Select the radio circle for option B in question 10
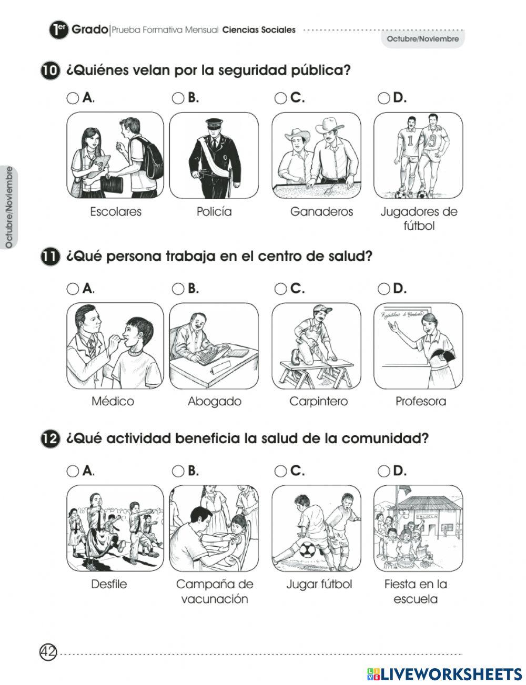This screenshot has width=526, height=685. pos(178,98)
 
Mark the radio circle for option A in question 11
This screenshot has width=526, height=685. pos(73,289)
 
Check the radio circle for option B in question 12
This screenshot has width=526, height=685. pos(178,471)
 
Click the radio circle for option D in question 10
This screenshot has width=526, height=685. pos(385,98)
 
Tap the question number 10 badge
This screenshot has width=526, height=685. pos(49,71)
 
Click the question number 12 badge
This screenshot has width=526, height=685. pos(49,439)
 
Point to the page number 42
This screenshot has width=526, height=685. pos(48,652)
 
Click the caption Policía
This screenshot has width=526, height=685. pos(214,212)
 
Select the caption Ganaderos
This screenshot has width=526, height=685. pos(321,212)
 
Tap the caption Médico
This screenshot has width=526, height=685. pos(113,402)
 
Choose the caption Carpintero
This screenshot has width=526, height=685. pos(319,402)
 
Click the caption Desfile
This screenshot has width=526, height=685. pos(109,584)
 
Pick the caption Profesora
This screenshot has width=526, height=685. pos(421,402)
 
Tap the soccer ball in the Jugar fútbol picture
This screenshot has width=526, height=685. pos(308,550)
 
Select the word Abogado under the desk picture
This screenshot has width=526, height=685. pos(215,402)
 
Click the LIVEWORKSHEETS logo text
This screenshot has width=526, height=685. pos(450,673)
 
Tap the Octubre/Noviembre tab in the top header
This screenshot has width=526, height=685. pos(423,39)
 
